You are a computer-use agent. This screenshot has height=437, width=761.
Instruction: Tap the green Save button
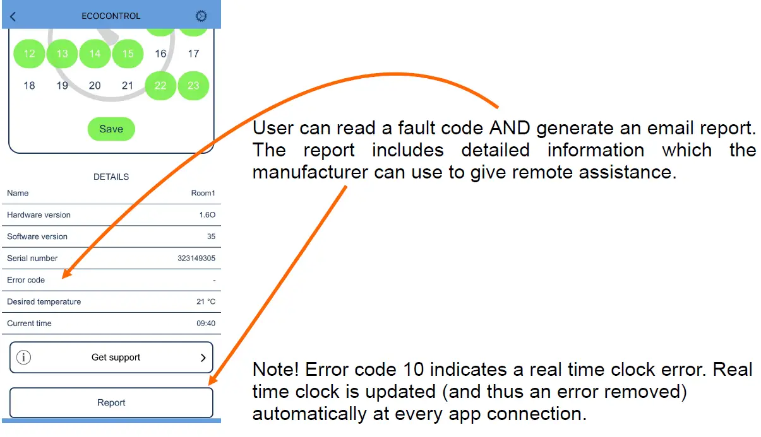tap(111, 129)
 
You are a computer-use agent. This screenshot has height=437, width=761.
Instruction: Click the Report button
tap(111, 403)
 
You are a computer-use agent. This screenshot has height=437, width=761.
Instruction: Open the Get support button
tap(111, 358)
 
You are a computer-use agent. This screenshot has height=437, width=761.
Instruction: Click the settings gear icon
tap(201, 16)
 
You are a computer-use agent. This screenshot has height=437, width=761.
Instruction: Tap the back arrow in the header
tap(13, 16)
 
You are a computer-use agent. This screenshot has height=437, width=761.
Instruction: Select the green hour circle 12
tap(29, 54)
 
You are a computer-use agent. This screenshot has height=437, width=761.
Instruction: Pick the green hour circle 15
tap(128, 54)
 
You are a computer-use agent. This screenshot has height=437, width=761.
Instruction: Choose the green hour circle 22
tap(160, 86)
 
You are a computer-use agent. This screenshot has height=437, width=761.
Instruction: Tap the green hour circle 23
tap(193, 86)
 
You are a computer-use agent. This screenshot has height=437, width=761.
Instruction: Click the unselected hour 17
tap(193, 54)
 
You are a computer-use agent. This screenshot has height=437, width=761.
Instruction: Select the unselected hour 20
tap(95, 86)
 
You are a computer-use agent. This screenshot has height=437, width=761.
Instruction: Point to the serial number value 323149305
tap(196, 259)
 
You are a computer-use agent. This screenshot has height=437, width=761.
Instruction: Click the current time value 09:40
tap(206, 323)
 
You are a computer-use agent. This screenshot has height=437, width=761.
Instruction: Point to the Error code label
tap(26, 280)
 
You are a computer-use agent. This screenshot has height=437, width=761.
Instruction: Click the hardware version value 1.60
tap(207, 215)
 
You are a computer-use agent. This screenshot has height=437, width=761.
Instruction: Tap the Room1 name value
tap(203, 193)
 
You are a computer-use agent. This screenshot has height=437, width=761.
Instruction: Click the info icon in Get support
tap(23, 358)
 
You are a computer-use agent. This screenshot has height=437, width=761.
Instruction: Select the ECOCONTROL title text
tap(111, 16)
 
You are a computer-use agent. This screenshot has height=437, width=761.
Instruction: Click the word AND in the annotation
tap(510, 128)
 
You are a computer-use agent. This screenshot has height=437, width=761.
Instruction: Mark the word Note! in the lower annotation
tap(275, 369)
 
